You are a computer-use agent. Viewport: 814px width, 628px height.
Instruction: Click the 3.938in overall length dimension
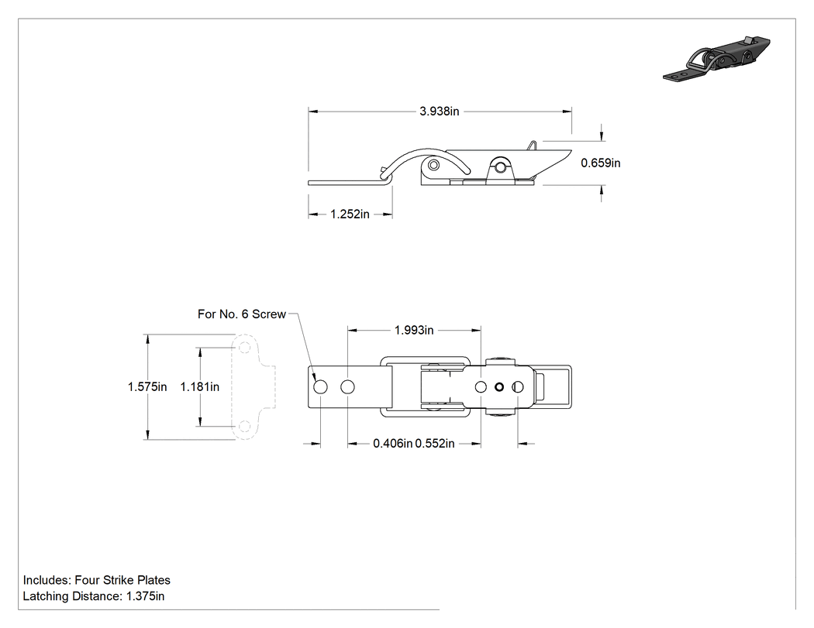(440, 111)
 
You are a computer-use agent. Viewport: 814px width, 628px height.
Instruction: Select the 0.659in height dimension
(601, 163)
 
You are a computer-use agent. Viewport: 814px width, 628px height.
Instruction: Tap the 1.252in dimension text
(350, 214)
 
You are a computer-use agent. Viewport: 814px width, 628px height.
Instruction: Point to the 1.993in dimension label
(414, 331)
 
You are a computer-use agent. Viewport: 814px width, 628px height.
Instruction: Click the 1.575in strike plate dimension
(147, 387)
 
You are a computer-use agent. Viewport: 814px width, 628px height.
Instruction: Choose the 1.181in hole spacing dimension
(200, 387)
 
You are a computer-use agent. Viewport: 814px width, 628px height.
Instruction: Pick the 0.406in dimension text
(392, 444)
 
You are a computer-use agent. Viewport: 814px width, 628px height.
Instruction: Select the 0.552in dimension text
(434, 444)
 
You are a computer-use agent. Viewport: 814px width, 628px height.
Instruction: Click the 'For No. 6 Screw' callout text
(241, 314)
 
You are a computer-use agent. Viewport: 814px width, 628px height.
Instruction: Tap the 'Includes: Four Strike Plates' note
(97, 580)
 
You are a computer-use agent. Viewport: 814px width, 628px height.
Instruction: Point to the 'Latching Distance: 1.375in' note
(94, 596)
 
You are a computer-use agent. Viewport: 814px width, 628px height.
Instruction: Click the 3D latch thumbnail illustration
(716, 59)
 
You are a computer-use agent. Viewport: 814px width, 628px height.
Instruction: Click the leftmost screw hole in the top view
(321, 387)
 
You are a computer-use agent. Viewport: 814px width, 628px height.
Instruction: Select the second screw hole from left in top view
(348, 387)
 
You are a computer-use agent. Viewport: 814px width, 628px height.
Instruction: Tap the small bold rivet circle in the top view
(499, 387)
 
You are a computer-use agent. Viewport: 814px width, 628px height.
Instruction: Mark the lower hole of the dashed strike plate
(245, 427)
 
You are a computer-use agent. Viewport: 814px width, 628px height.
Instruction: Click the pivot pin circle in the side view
(433, 165)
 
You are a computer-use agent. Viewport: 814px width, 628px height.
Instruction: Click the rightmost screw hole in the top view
(518, 387)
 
